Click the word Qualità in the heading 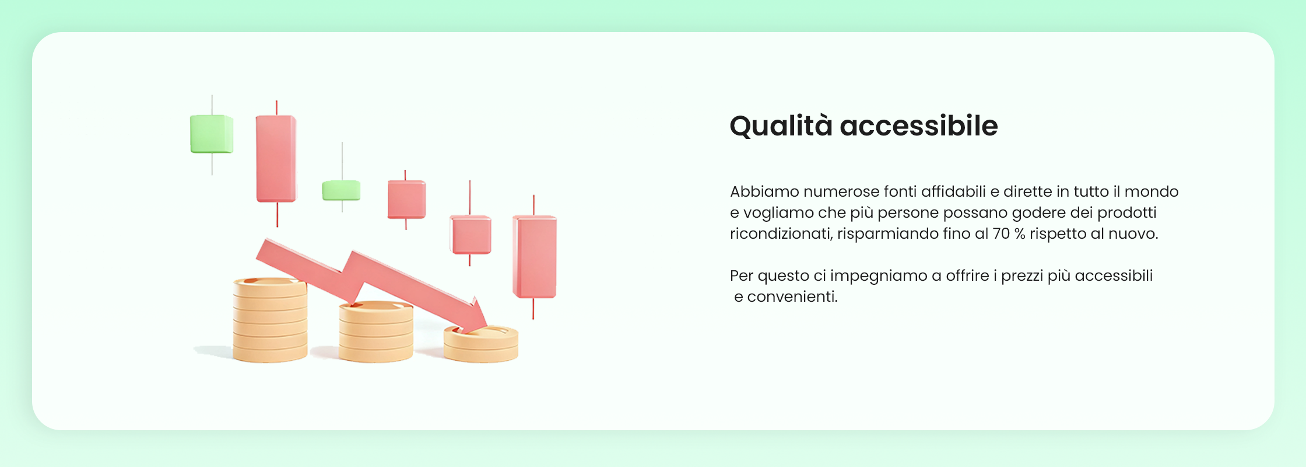click(781, 126)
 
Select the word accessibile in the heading click(919, 126)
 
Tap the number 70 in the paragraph click(1001, 233)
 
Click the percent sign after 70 click(1020, 233)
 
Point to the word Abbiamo click(764, 191)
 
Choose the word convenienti click(792, 297)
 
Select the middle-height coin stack click(376, 332)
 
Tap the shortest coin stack click(481, 344)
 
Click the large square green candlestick click(212, 134)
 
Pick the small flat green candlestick click(341, 190)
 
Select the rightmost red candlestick click(534, 257)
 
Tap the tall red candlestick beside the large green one click(276, 159)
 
